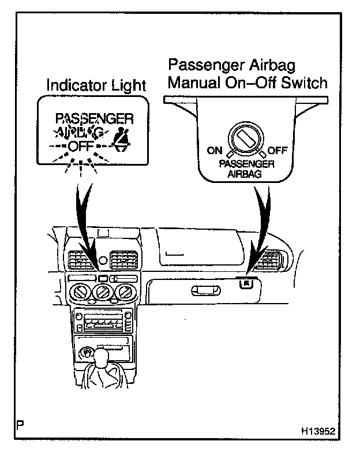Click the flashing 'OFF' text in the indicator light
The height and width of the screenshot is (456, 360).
click(80, 145)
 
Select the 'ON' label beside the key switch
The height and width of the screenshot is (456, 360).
click(214, 151)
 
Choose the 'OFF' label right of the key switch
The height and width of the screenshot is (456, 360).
click(277, 151)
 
